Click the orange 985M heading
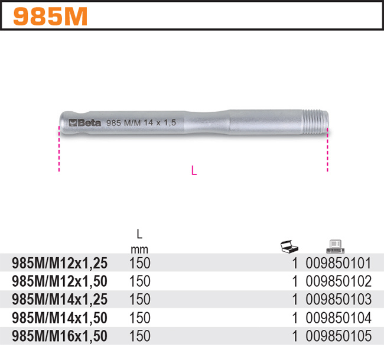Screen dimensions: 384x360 [x=50, y=16]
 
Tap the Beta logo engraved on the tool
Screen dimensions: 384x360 [x=84, y=122]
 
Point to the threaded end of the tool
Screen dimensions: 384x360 [x=315, y=122]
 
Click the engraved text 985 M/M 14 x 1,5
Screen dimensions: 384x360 [x=141, y=122]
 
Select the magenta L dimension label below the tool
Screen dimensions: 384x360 [x=194, y=170]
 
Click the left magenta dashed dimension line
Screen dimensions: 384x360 [x=59, y=148]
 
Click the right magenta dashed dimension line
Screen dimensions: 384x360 [x=327, y=153]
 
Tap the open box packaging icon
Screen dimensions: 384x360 [x=289, y=247]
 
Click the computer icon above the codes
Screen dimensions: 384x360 [x=336, y=247]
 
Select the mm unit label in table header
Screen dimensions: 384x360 [x=139, y=249]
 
